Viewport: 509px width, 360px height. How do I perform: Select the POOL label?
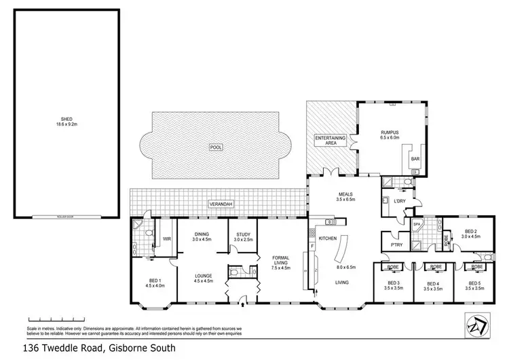216,147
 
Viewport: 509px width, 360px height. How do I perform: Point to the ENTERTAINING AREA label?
331,141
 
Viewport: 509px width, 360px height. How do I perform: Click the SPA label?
417,223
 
